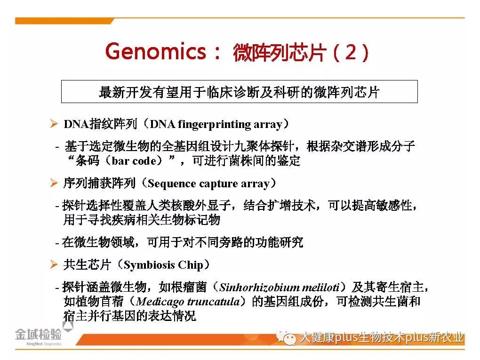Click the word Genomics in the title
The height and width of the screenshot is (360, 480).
[x=156, y=51]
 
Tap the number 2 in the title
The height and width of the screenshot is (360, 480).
[x=351, y=52]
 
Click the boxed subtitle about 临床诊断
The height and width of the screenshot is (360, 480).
[x=240, y=92]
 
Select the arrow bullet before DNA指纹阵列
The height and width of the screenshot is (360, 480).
[x=54, y=124]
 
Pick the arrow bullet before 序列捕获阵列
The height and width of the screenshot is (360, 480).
[x=54, y=183]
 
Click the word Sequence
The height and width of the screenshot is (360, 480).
[x=172, y=184]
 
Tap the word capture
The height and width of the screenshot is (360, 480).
[x=218, y=184]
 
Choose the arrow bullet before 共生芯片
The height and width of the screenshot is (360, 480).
[x=54, y=264]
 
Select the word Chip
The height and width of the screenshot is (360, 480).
[x=191, y=265]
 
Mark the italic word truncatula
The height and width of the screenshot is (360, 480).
[x=214, y=302]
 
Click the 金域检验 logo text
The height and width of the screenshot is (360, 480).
[x=38, y=334]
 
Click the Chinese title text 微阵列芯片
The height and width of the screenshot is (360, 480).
[x=279, y=52]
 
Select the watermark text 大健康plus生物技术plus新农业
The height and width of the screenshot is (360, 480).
[x=381, y=337]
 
